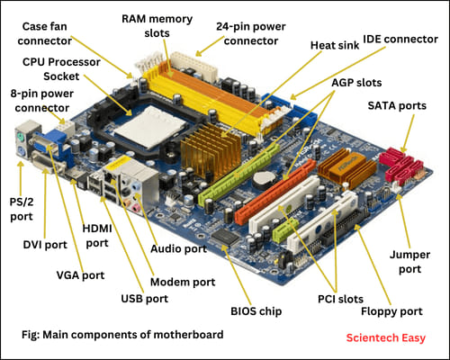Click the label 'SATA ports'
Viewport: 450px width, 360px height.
click(397, 105)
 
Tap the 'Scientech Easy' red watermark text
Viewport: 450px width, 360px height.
click(386, 337)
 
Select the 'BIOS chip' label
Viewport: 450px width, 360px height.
click(256, 311)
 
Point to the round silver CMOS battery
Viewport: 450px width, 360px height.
click(264, 178)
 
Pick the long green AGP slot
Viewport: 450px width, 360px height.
click(239, 175)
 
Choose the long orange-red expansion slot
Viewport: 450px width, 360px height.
click(275, 192)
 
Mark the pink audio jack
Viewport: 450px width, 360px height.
click(136, 208)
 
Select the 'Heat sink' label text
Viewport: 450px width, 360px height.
click(335, 45)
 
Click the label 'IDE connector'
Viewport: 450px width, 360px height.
click(400, 39)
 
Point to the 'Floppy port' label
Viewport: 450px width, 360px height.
click(391, 311)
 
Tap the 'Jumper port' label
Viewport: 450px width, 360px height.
click(409, 262)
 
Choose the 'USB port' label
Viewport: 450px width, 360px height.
click(144, 299)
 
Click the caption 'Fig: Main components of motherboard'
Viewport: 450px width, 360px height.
click(122, 334)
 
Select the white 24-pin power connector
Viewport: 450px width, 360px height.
click(194, 67)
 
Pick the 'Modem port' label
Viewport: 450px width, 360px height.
click(183, 282)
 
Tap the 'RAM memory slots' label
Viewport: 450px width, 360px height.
click(157, 26)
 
